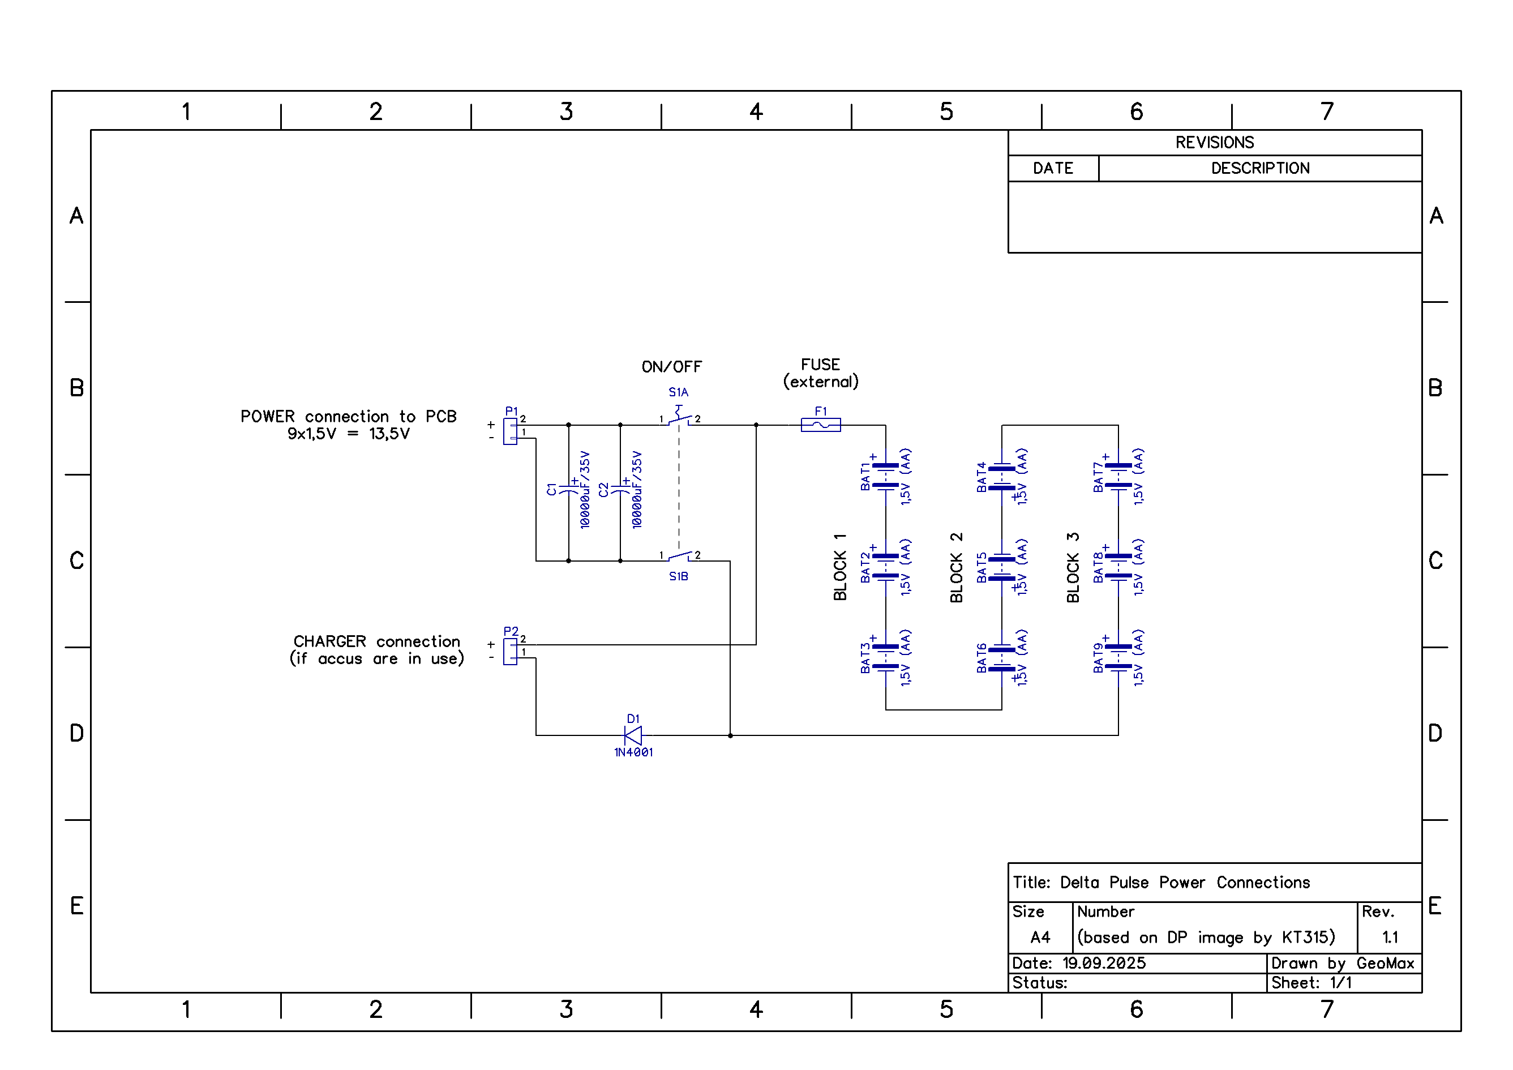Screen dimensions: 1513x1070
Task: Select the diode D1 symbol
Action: pos(633,735)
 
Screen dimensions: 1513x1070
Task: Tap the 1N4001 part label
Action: pos(633,752)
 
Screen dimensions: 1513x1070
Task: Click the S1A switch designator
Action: pos(678,392)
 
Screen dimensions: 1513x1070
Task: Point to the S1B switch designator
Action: pos(678,576)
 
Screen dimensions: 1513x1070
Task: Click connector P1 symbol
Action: pos(510,431)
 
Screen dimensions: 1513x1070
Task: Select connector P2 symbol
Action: pos(510,652)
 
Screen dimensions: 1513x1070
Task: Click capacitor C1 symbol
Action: pos(569,489)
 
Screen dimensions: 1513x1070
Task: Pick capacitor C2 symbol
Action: pos(620,489)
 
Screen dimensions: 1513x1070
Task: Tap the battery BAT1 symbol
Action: pos(886,476)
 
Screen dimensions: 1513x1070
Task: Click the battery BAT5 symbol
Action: pos(1002,568)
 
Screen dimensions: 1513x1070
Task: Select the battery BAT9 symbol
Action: pos(1118,657)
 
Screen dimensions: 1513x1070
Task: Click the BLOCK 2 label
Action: pos(956,568)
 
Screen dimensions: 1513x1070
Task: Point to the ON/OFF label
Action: pos(671,367)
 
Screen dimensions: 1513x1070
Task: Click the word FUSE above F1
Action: pos(820,365)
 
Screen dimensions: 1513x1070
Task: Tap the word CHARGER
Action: pos(329,641)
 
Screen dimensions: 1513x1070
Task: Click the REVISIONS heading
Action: pos(1215,143)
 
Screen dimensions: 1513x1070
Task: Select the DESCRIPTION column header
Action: pos(1260,168)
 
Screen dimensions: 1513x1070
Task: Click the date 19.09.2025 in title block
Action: pos(1104,963)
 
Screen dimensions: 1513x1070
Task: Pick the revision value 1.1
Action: pos(1390,937)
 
